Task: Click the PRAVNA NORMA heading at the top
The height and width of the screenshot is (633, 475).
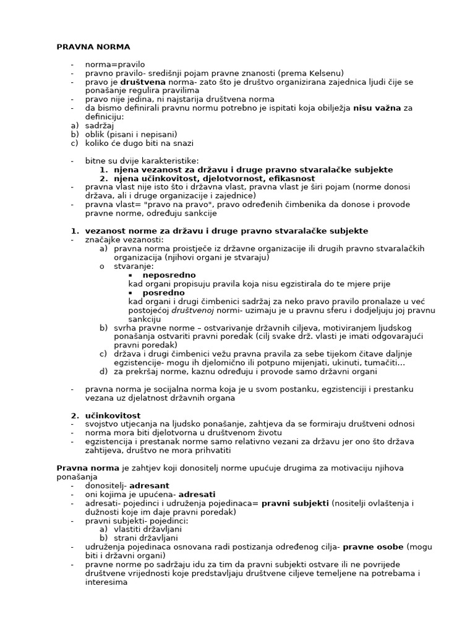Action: point(93,46)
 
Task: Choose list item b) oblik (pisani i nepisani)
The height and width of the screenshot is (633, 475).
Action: point(131,134)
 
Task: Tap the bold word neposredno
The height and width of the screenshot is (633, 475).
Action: point(169,275)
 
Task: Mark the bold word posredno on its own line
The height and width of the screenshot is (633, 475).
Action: point(164,293)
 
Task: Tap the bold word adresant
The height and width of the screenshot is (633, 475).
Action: point(149,486)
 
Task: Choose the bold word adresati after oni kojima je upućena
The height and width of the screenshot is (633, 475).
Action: point(197,495)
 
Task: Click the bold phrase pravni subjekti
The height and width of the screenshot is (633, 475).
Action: point(295,504)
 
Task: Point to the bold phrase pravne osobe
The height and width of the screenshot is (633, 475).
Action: point(373,548)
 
